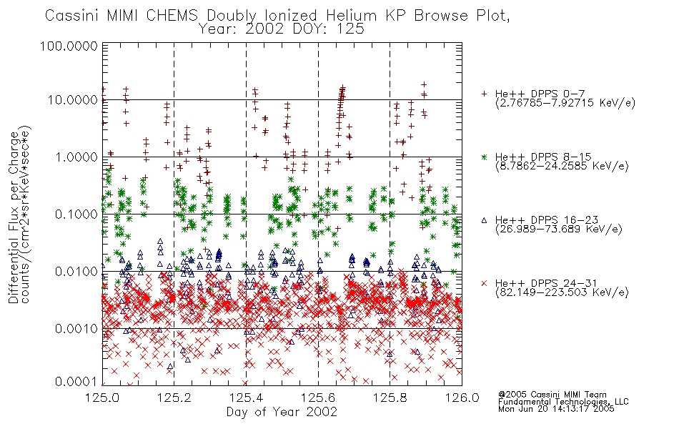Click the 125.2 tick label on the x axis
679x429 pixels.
coord(174,398)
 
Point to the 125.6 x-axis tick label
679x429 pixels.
coord(318,398)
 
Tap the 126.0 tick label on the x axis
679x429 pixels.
coord(462,398)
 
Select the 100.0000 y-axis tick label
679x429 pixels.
coord(69,46)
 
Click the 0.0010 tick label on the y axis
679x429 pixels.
coord(76,328)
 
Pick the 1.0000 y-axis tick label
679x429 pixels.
coord(76,157)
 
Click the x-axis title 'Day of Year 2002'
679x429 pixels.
coord(282,412)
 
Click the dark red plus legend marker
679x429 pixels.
coord(485,93)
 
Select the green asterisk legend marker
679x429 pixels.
coord(485,157)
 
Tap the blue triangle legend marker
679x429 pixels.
coord(485,220)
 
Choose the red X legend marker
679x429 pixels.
coord(485,283)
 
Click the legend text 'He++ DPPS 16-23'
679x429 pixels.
coord(547,220)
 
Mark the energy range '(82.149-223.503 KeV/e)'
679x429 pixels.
coord(562,292)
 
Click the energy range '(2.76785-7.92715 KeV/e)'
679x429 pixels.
coord(565,103)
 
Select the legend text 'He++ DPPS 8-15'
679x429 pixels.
coord(543,157)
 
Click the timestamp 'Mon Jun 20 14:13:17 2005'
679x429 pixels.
coord(556,409)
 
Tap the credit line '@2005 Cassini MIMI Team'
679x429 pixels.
coord(552,395)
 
